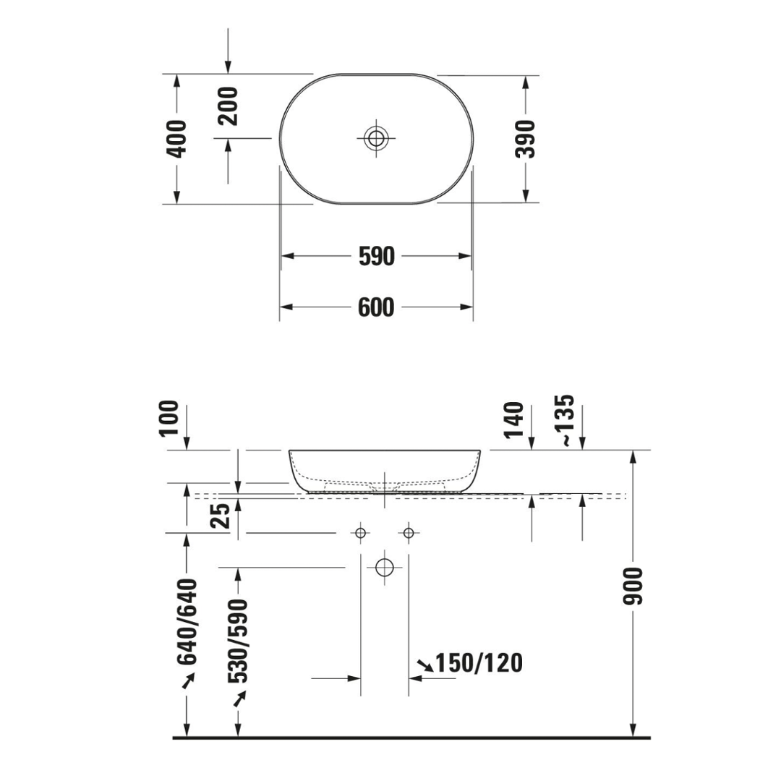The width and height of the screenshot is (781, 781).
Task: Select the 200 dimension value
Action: point(229,106)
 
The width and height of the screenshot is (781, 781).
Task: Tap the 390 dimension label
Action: point(527,139)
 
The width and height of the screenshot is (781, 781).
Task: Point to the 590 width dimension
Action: point(377,256)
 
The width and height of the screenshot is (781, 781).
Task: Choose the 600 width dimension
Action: point(377,307)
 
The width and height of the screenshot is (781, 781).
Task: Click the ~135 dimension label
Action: point(566,419)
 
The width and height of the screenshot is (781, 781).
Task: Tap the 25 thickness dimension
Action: point(223,518)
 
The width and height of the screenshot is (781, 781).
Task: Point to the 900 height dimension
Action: point(633,586)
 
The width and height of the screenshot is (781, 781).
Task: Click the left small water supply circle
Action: point(360,533)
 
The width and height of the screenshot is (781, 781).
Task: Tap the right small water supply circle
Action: point(409,533)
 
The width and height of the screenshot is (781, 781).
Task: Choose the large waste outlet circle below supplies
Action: point(385,567)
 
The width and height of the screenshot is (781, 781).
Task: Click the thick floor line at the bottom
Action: point(412,738)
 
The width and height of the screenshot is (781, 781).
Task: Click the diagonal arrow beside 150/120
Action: point(425,664)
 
